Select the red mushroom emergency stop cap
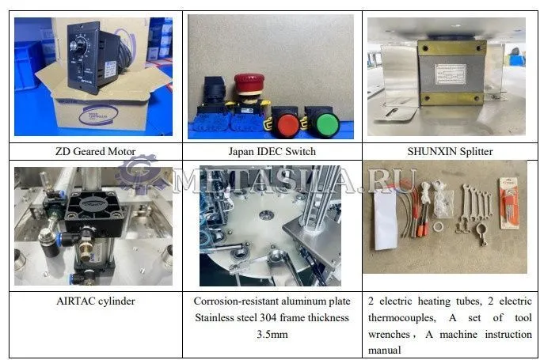pos(249,83)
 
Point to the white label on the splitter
pos(451,74)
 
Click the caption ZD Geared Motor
pos(95,151)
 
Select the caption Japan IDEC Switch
pos(272,151)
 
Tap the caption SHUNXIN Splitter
pos(450,151)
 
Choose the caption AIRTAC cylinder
pos(96,301)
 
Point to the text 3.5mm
pos(272,334)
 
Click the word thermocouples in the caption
pos(402,317)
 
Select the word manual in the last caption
pos(384,351)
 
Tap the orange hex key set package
pos(509,203)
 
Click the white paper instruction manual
pos(386,219)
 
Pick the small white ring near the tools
pos(439,226)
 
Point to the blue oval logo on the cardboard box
pos(98,115)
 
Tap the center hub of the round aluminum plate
pos(265,215)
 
